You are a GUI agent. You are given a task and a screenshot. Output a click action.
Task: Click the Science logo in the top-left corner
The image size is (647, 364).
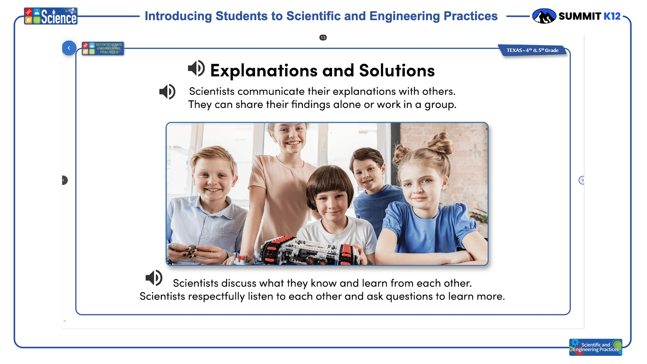tap(51, 16)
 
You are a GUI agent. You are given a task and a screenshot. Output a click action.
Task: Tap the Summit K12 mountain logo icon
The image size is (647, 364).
tap(544, 16)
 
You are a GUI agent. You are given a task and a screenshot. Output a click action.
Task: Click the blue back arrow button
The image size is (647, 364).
tap(69, 48)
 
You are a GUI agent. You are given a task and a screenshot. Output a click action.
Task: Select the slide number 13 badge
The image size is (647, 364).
tap(323, 38)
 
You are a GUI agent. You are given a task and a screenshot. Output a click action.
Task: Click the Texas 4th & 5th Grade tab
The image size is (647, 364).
tap(533, 50)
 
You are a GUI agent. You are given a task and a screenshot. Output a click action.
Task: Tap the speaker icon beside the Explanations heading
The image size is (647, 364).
tap(196, 69)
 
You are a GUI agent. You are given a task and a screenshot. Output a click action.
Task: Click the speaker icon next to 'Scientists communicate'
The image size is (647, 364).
tap(167, 92)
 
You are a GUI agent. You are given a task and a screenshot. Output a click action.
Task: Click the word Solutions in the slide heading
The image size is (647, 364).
tap(397, 71)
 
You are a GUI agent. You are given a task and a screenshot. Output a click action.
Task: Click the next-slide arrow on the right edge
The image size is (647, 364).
tap(582, 180)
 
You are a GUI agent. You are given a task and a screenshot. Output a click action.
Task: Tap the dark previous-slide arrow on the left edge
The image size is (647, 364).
tap(65, 180)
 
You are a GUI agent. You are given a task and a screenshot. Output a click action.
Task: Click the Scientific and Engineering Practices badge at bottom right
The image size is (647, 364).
tap(596, 347)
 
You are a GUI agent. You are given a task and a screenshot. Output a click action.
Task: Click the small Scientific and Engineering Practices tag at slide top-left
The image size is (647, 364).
tap(103, 48)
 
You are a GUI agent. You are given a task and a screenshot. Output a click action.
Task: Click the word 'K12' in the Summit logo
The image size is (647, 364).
tap(612, 16)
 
